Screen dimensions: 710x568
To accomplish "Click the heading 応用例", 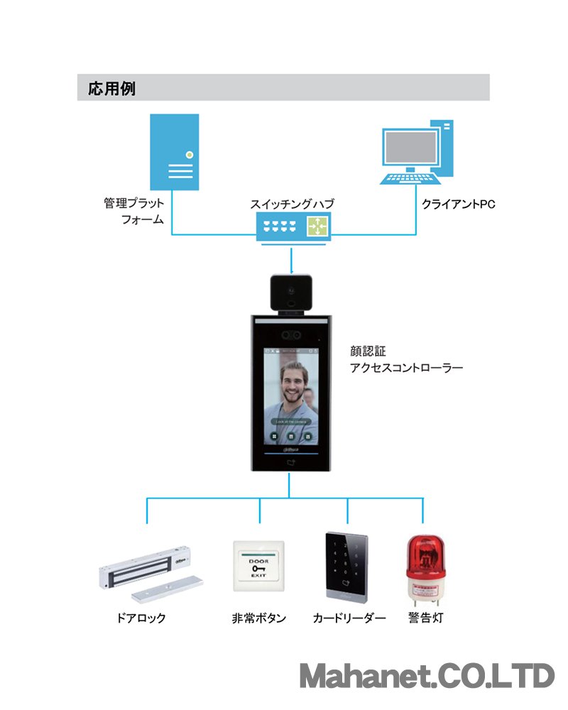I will tap(111, 89).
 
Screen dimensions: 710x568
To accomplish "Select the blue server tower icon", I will tap(174, 152).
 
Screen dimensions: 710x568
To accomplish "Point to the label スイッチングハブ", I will tap(292, 204).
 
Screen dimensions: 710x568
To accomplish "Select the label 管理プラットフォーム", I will tap(135, 212).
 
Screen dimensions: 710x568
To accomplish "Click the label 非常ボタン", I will tap(259, 618).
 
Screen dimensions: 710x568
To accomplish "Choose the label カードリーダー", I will tap(349, 618).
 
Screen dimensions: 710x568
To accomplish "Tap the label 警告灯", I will tap(425, 618).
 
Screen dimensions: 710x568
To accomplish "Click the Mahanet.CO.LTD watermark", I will tap(426, 676).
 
